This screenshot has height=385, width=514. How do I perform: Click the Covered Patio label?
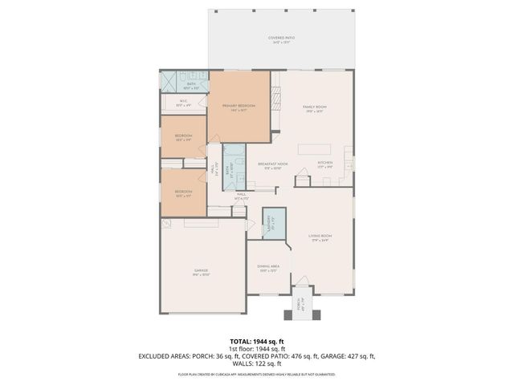(x=280, y=39)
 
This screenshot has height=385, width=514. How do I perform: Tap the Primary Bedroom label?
(x=239, y=107)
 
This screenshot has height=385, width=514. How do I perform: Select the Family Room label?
(x=315, y=107)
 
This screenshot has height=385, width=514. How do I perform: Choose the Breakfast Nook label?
(x=272, y=165)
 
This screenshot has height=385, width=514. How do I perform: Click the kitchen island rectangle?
(x=315, y=149)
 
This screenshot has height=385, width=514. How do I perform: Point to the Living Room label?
(x=320, y=237)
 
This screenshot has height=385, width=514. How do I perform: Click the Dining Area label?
(x=268, y=268)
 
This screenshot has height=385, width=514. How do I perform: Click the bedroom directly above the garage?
(x=184, y=192)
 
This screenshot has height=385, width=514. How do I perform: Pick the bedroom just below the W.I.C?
(x=184, y=137)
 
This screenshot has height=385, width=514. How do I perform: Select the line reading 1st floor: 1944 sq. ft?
(x=257, y=348)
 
